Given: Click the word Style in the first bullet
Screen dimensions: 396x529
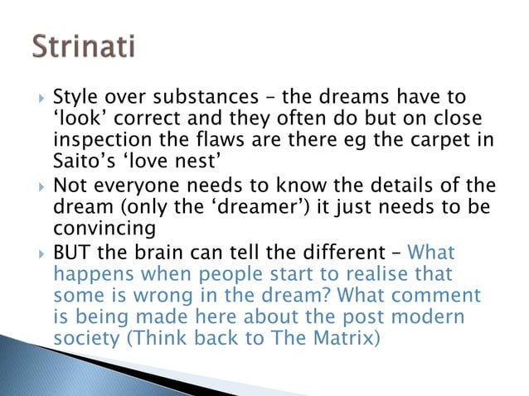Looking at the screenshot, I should click(74, 99).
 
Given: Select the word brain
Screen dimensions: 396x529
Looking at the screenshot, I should click(153, 251).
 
